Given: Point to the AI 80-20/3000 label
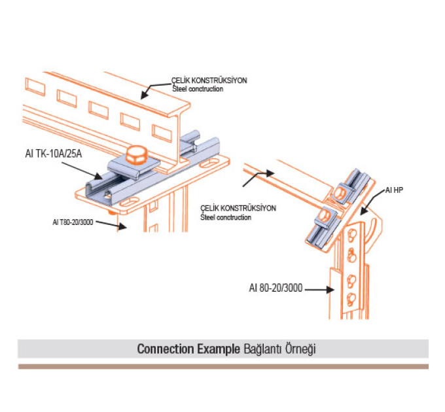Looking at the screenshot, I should point(276,286).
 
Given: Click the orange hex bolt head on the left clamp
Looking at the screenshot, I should point(137,156).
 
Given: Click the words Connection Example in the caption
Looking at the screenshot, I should point(188,349).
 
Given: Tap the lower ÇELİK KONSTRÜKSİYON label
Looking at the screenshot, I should point(238,209).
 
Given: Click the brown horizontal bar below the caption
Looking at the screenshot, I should point(222,366).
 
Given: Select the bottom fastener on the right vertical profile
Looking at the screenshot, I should point(352,300).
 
